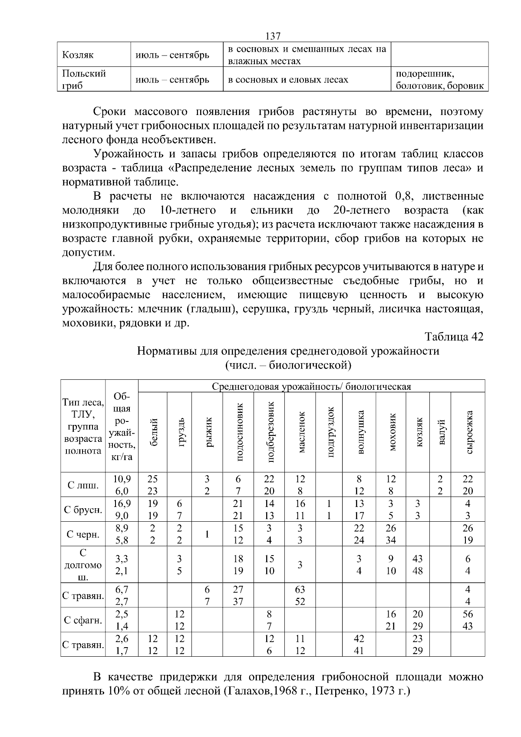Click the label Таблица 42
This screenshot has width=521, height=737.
coord(454,337)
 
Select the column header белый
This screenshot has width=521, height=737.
coord(153,432)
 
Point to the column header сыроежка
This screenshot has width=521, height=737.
coord(468,432)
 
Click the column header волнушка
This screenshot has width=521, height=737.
coord(359,432)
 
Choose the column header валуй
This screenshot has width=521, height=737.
coord(441,432)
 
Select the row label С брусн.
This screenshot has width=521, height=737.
coord(83,510)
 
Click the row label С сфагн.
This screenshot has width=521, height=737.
coord(83,620)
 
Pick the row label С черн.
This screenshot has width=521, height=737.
coord(83,534)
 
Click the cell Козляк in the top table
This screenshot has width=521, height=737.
coord(78,55)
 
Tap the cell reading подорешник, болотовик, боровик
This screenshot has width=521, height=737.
coord(439,79)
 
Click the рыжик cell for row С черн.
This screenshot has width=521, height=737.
coord(207,534)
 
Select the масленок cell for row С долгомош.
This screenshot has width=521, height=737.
coord(300,565)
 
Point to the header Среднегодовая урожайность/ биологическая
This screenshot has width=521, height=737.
coord(311,386)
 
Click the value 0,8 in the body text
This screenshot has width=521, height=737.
coord(402,196)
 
